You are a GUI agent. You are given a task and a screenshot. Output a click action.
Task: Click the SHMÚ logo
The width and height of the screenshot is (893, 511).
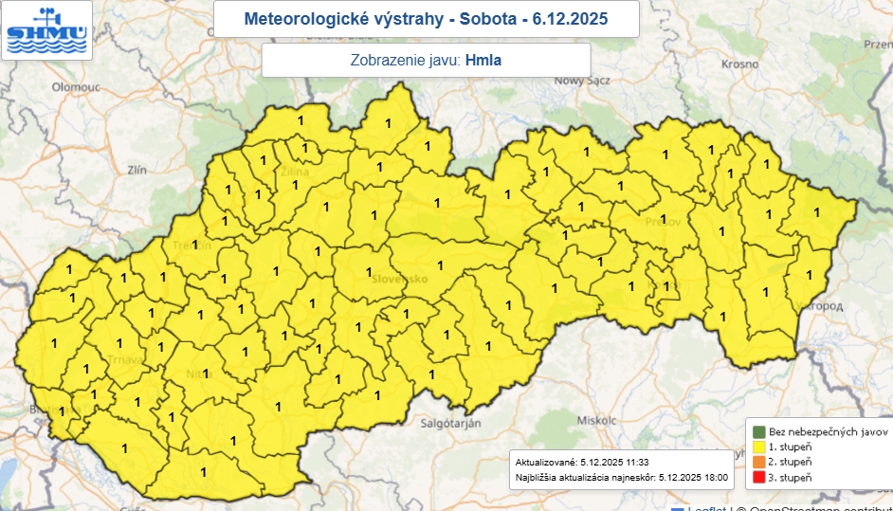point(46,30)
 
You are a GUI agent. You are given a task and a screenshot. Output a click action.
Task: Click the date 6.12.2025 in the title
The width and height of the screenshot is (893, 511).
point(570,19)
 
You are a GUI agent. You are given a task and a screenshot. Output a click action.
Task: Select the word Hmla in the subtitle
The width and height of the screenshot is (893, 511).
point(483,61)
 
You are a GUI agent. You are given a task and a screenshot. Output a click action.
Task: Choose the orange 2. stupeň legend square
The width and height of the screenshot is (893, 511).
point(758,461)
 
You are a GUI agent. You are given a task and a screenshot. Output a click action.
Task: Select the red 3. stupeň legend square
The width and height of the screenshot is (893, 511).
point(758,477)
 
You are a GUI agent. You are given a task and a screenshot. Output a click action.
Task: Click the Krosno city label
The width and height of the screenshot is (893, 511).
point(739,64)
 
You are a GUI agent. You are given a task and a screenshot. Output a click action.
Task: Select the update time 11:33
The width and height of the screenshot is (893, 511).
point(634,461)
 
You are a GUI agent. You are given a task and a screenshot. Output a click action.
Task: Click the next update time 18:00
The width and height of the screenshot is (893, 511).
point(712,477)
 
